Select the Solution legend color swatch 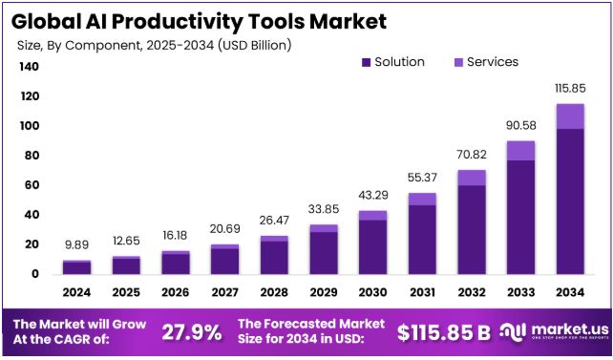click(x=365, y=62)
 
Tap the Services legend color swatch click(x=457, y=62)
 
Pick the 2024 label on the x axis click(x=77, y=292)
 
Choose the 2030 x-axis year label click(x=372, y=292)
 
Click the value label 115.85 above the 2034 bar click(x=569, y=88)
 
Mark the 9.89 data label click(x=77, y=245)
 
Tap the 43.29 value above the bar click(x=372, y=196)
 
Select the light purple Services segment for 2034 click(x=569, y=116)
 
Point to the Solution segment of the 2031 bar click(x=422, y=239)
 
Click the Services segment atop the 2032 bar click(x=471, y=178)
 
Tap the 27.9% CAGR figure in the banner click(x=191, y=332)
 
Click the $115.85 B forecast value click(x=444, y=332)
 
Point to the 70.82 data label click(x=471, y=155)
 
